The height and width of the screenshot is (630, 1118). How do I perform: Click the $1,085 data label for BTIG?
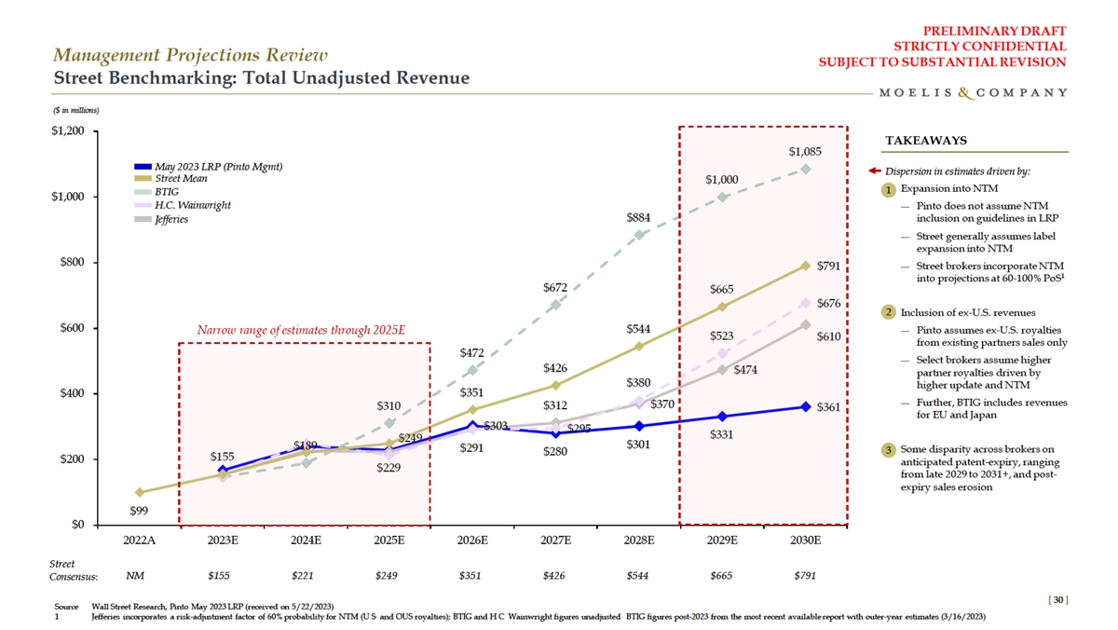pos(805,151)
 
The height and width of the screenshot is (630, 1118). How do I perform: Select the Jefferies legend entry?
pos(171,219)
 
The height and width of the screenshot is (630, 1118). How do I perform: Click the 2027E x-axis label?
pos(556,540)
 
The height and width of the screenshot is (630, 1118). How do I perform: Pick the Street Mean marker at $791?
pos(805,266)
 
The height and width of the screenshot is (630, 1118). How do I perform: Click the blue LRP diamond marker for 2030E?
pos(805,406)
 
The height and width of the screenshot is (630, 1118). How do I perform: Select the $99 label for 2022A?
pos(139,510)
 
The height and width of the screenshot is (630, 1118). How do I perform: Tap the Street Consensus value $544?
pos(639,575)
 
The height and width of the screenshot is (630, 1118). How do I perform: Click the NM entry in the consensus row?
pos(136,575)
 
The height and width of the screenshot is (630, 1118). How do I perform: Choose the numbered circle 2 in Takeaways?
pos(890,311)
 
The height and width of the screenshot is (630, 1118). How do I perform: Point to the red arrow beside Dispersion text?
pos(874,171)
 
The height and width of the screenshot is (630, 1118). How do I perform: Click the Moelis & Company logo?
pos(973,92)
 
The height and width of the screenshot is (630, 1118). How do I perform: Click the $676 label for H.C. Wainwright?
pos(830,304)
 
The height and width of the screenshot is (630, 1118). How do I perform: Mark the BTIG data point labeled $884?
pos(639,235)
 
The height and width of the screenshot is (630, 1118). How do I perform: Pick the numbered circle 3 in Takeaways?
pos(890,451)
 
